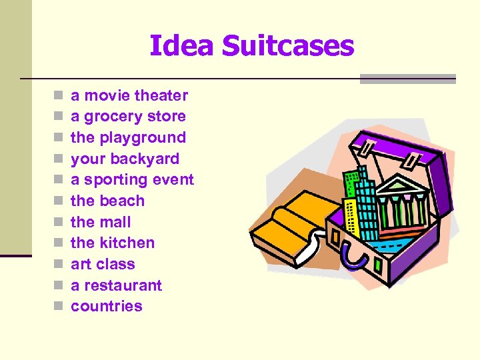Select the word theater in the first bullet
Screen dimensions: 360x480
161,95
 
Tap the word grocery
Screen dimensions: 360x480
119,117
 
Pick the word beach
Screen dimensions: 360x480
122,201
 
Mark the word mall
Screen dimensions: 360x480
115,222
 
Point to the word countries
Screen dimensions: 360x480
107,307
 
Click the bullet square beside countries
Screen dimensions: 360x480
59,307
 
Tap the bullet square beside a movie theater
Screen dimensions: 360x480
59,96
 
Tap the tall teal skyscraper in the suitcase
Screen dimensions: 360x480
365,200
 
